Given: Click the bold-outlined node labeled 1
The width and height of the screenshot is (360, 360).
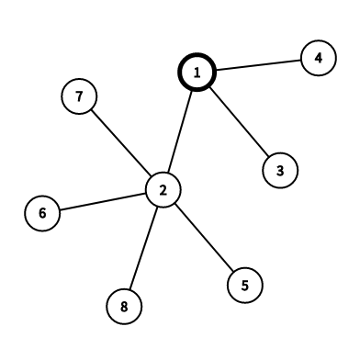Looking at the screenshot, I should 196,72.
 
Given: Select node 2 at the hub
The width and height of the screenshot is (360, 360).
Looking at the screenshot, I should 163,189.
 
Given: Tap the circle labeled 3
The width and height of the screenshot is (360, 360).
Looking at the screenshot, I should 280,169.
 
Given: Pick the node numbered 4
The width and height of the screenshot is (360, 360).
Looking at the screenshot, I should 318,59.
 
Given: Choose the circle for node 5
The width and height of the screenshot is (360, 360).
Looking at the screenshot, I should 244,284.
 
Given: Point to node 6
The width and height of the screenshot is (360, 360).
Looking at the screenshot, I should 42,214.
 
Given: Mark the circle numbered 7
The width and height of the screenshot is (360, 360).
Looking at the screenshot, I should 80,96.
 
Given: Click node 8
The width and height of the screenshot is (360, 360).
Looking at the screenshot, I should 124,305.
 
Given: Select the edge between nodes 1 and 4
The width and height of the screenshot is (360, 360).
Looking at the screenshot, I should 257,65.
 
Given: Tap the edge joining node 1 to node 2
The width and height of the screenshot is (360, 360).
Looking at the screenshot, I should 179,130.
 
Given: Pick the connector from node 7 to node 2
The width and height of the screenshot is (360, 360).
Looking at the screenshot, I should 121,142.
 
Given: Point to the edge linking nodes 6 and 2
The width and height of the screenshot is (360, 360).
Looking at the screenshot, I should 102,202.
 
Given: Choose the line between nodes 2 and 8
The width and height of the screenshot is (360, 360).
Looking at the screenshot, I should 143,247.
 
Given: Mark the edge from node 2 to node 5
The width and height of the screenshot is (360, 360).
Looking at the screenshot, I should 203,236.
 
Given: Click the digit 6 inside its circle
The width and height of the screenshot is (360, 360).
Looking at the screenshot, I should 42,214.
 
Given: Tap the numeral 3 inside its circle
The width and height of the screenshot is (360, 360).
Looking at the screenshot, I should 280,169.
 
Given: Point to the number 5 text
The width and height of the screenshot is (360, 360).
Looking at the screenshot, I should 244,284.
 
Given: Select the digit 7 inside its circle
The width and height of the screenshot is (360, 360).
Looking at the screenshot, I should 80,96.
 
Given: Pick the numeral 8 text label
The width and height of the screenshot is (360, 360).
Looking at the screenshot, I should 124,305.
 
